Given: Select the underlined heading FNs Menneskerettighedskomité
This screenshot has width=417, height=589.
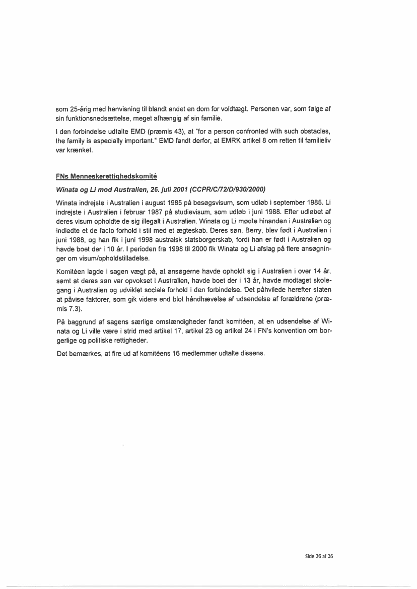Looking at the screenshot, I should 107,177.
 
